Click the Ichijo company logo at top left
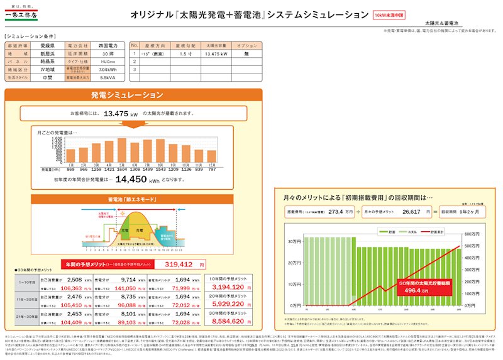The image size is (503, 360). (24, 13)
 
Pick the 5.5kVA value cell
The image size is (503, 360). (107, 78)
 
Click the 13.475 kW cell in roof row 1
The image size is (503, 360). (216, 54)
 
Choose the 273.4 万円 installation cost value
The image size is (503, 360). (332, 212)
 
